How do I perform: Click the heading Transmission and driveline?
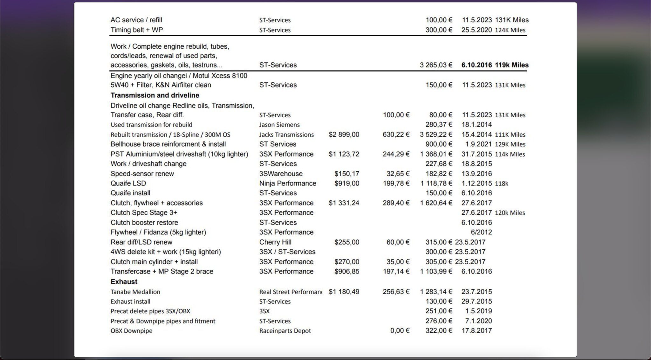pos(155,95)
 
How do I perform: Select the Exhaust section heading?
pos(124,282)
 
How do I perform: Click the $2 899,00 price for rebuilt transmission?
pos(344,135)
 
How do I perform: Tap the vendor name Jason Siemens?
pos(279,125)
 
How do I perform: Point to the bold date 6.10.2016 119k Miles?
pos(495,65)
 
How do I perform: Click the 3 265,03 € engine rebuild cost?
pos(436,65)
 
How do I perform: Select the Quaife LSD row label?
pos(128,183)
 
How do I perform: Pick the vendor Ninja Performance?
pos(287,183)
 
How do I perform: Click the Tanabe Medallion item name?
pos(135,292)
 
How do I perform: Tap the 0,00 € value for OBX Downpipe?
pos(400,331)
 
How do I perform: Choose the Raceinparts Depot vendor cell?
pos(285,331)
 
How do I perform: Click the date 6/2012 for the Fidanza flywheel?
pos(481,232)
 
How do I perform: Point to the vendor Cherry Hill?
pos(275,242)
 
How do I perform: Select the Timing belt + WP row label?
pos(136,30)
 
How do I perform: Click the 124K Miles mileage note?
pos(510,30)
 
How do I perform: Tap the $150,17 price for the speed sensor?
pos(346,174)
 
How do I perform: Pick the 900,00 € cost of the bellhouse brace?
pos(439,144)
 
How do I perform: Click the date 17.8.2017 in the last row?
pos(476,331)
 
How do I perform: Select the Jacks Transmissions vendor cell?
pos(286,135)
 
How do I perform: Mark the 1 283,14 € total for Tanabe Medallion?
pos(436,292)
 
